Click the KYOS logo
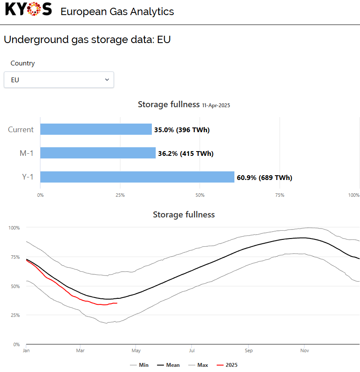pos(28,9)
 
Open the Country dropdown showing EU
pos(59,80)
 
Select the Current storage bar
pos(96,129)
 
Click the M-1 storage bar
pos(98,153)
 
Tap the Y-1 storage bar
pos(137,177)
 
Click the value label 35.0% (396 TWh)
pos(182,130)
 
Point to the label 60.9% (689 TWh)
pos(265,177)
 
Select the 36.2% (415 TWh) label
pos(186,153)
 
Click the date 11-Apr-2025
pos(216,105)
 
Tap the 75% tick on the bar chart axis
pos(280,195)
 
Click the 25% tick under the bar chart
pos(120,195)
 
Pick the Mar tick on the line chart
pos(80,350)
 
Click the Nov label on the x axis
pos(305,350)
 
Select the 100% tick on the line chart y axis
pos(15,227)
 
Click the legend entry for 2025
pos(227,365)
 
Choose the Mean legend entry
pos(168,365)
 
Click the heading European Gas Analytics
pos(117,11)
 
